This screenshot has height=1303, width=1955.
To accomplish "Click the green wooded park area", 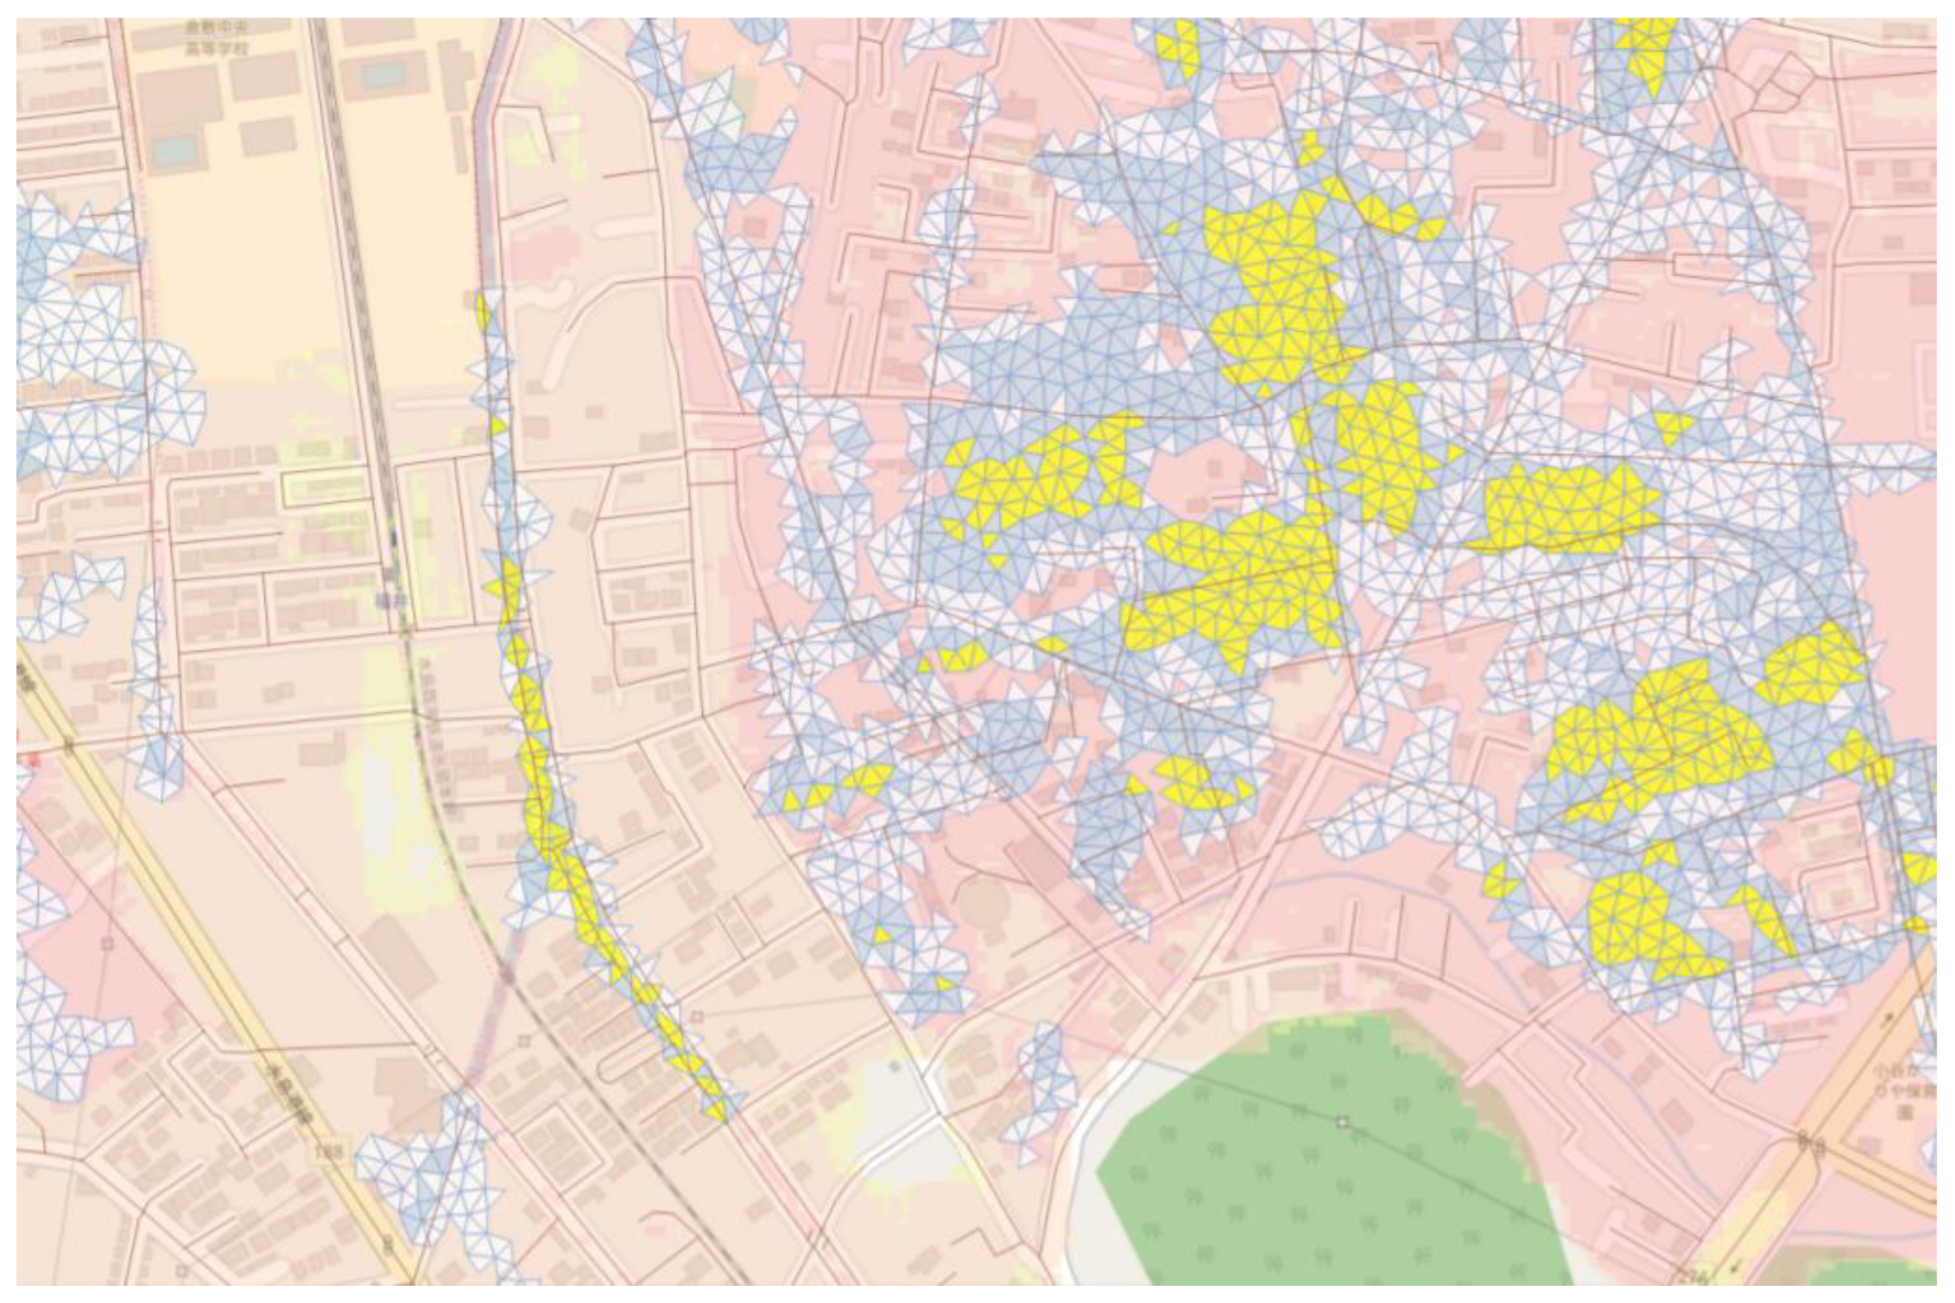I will [x=1330, y=1180].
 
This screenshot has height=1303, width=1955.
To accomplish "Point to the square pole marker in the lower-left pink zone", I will [x=106, y=943].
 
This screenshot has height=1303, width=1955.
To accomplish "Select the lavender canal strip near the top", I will [x=484, y=166].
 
